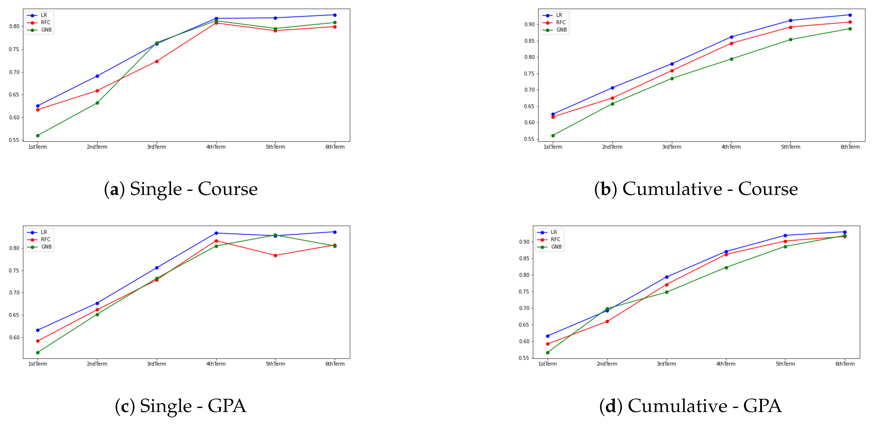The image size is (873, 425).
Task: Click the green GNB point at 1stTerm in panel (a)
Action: click(38, 135)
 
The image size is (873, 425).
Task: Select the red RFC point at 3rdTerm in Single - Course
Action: click(157, 61)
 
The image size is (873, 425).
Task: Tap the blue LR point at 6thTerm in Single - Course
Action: click(335, 15)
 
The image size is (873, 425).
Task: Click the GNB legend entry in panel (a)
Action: click(46, 30)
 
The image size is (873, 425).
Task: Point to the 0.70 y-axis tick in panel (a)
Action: click(14, 72)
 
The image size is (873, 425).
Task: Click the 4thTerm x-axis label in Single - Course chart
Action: click(216, 147)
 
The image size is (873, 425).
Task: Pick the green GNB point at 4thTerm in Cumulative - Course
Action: click(731, 59)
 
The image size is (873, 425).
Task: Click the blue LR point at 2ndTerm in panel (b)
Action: click(612, 88)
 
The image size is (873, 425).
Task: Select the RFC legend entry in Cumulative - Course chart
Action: click(561, 22)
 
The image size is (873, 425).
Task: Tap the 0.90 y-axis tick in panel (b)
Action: click(529, 24)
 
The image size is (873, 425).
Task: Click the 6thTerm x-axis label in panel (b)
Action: click(850, 147)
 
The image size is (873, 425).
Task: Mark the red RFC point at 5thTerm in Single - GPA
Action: click(275, 255)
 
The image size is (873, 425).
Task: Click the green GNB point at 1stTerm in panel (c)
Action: click(38, 353)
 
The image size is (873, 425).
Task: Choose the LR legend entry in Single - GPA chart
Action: click(44, 232)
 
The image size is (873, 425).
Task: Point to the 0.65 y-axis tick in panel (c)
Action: click(14, 315)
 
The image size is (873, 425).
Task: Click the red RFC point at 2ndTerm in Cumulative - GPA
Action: click(607, 321)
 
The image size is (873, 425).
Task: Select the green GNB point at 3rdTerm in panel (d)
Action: click(667, 292)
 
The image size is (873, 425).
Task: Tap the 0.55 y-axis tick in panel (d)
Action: click(524, 358)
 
